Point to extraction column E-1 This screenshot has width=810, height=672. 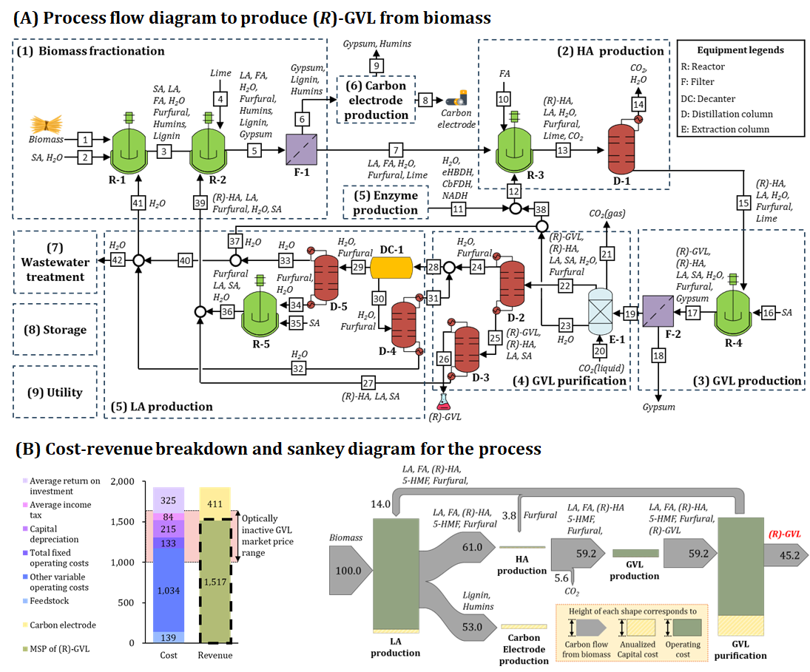pyautogui.click(x=602, y=313)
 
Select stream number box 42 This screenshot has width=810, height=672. pyautogui.click(x=118, y=260)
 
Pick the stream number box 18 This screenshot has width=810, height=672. pyautogui.click(x=657, y=355)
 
